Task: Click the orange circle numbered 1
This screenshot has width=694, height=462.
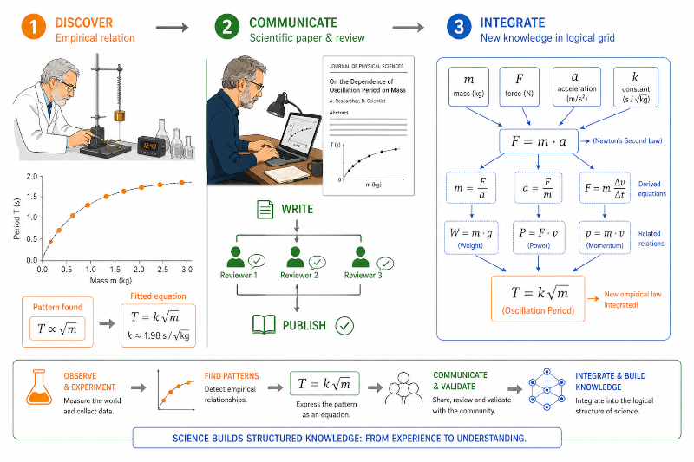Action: (34, 27)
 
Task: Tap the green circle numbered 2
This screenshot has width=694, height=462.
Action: (227, 27)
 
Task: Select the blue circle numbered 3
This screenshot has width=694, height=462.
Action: (459, 27)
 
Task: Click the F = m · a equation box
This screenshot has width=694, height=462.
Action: (538, 141)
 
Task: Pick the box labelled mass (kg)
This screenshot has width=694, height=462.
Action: (468, 87)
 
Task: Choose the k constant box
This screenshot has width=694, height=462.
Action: (636, 87)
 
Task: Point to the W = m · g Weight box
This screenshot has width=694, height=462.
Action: (471, 238)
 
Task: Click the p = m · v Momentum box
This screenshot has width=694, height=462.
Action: (605, 238)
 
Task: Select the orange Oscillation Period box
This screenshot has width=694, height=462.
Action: (538, 298)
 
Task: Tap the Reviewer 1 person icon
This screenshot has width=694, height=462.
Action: (235, 257)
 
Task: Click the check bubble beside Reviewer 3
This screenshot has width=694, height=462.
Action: (385, 264)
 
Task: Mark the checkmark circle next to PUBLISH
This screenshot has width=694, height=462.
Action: (344, 326)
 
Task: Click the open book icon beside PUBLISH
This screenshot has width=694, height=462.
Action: (264, 325)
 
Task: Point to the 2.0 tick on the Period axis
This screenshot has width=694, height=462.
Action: (42, 177)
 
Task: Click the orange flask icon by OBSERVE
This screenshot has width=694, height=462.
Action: (38, 387)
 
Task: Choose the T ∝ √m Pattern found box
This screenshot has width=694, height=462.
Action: (57, 329)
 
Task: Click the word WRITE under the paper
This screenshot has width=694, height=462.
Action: (297, 209)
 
